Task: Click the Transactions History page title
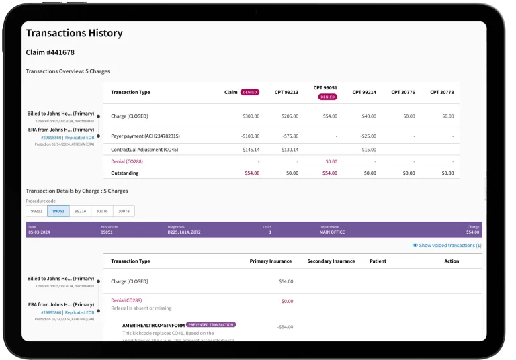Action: [74, 33]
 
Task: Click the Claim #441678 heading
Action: [50, 52]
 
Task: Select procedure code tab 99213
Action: [36, 211]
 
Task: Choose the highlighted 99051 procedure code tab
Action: [58, 211]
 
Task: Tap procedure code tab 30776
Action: [101, 211]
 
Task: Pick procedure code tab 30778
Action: [123, 211]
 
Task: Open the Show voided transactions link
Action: [449, 246]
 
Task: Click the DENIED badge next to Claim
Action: [250, 92]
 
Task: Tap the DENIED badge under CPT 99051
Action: [327, 97]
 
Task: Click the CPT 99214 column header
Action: [364, 92]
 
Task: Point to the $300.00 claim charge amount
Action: [251, 116]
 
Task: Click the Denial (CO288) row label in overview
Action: [127, 161]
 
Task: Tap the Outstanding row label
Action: [125, 173]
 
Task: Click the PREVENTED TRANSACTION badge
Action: [211, 324]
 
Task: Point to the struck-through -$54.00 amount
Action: [286, 327]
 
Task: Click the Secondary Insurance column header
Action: [331, 261]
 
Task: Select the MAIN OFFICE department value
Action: [332, 232]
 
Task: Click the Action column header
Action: [451, 261]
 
